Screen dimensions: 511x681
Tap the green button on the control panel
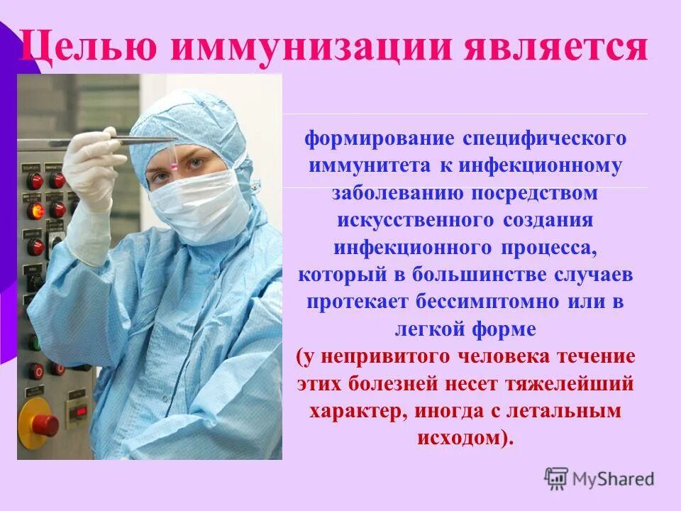(x=34, y=342)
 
